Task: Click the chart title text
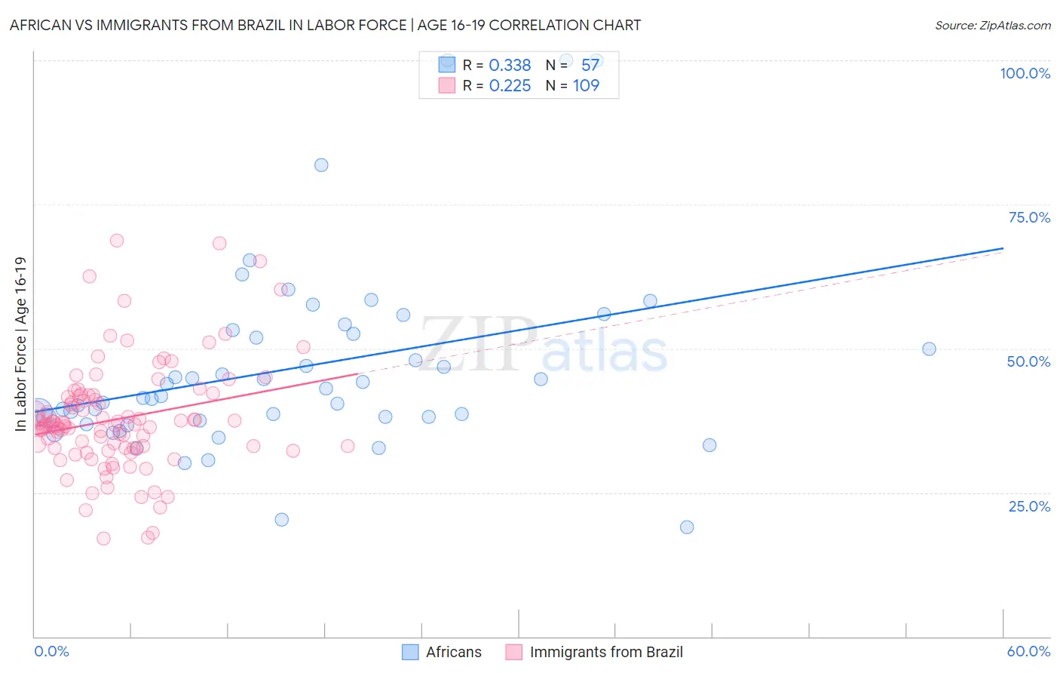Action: pyautogui.click(x=325, y=25)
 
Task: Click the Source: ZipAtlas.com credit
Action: pyautogui.click(x=992, y=25)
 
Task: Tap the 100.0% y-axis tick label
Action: pyautogui.click(x=1025, y=73)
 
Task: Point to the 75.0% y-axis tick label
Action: pyautogui.click(x=1029, y=217)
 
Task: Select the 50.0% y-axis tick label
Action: pyautogui.click(x=1028, y=361)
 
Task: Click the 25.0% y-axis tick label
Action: pyautogui.click(x=1029, y=506)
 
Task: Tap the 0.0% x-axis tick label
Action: pyautogui.click(x=51, y=651)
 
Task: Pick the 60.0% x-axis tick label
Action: pyautogui.click(x=1028, y=651)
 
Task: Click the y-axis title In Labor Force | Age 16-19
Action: pyautogui.click(x=21, y=344)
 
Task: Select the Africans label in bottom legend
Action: pyautogui.click(x=453, y=652)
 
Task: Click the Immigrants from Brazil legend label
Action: pyautogui.click(x=606, y=652)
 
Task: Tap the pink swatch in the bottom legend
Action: pyautogui.click(x=514, y=652)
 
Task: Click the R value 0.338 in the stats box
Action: pyautogui.click(x=510, y=66)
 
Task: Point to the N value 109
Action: pyautogui.click(x=586, y=86)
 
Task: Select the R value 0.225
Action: pyautogui.click(x=510, y=86)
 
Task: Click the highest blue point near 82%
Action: pyautogui.click(x=321, y=165)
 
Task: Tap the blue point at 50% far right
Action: pyautogui.click(x=929, y=349)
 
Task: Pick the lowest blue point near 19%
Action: pyautogui.click(x=687, y=527)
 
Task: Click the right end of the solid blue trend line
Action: pyautogui.click(x=1003, y=248)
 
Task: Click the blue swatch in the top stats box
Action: pyautogui.click(x=447, y=65)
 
